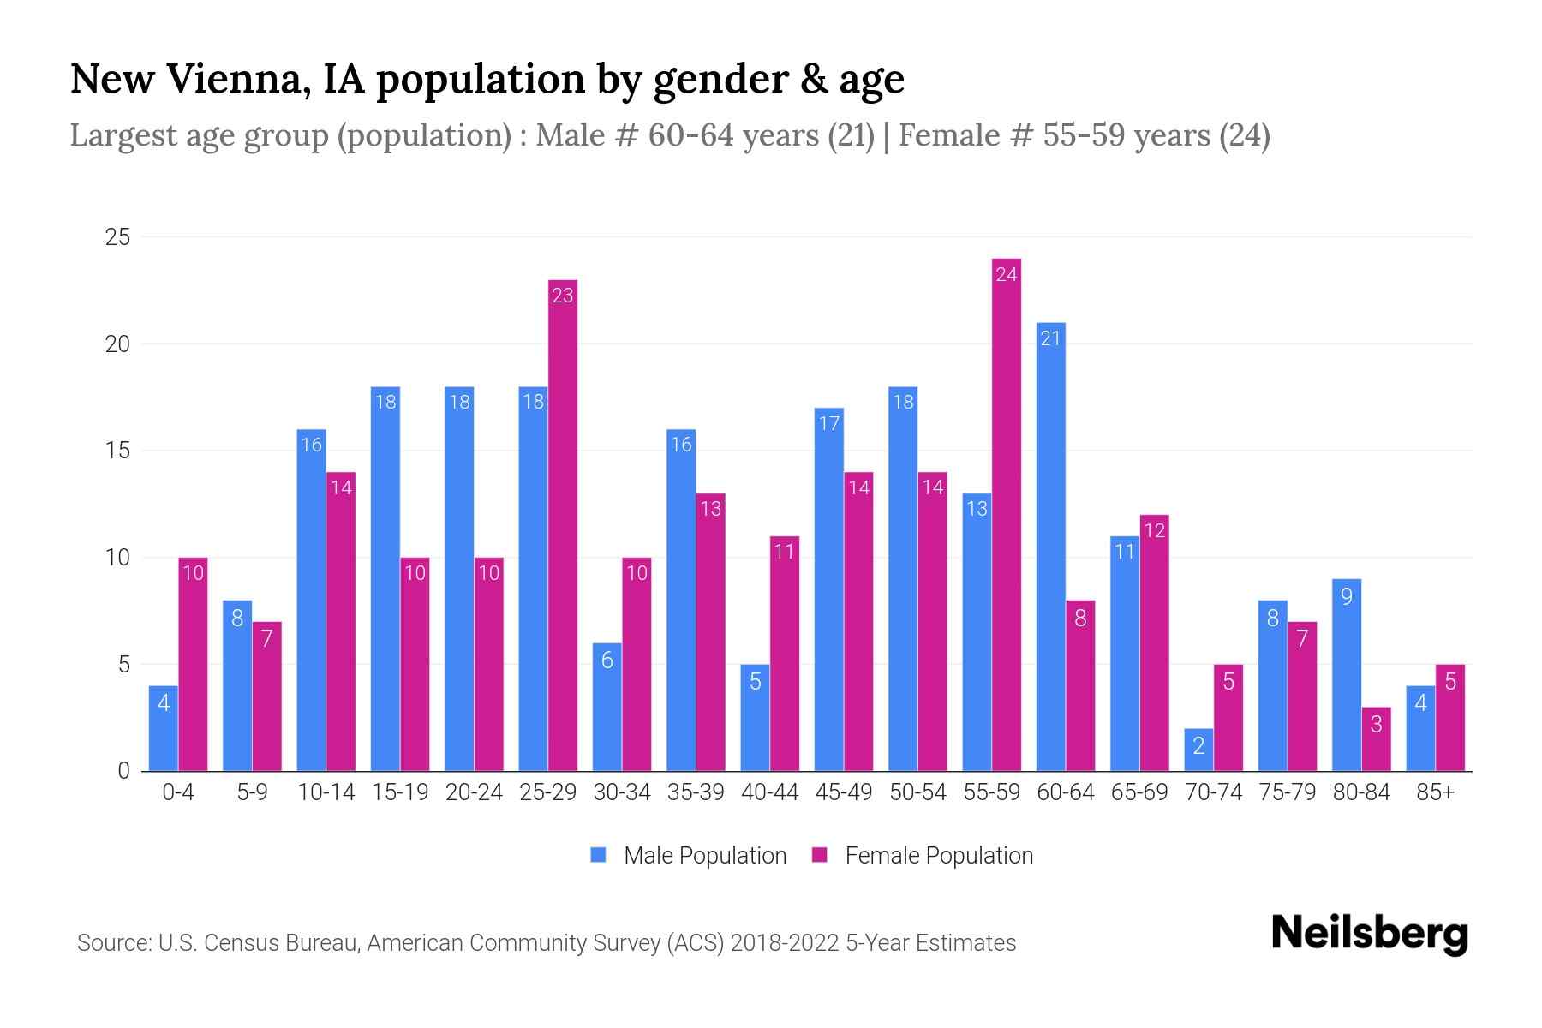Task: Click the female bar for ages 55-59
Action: [1007, 514]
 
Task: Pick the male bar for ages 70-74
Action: [1198, 750]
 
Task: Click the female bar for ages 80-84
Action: [1376, 738]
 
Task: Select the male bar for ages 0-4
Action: [164, 728]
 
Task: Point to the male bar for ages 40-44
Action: [755, 718]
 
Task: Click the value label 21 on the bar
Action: [1051, 338]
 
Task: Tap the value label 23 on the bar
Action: [563, 296]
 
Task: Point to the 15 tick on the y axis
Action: [117, 451]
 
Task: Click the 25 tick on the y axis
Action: [117, 237]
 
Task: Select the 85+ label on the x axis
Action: [1435, 792]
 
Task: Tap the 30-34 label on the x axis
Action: [622, 792]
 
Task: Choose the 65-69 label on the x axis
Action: [1139, 792]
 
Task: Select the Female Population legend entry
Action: [938, 856]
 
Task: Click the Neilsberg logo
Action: [1369, 934]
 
